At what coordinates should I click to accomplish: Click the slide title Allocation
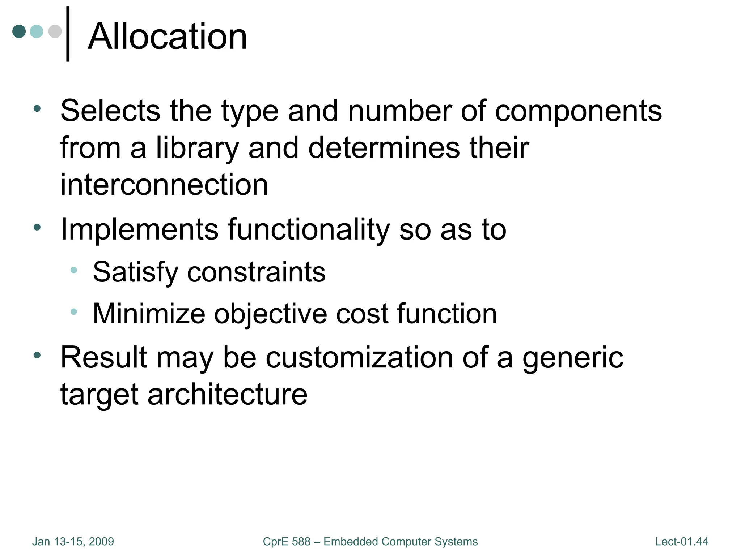point(167,36)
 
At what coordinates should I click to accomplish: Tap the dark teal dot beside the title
point(19,31)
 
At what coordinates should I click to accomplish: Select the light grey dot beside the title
point(55,31)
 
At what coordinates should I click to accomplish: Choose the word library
point(198,149)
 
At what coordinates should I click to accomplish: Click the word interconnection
point(164,185)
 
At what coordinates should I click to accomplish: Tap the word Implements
point(139,230)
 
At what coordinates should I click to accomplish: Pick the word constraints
point(256,272)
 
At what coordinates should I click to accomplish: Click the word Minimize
point(149,313)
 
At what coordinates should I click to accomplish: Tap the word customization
point(359,357)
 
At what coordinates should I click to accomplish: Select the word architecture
point(228,394)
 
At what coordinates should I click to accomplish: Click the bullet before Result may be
point(37,355)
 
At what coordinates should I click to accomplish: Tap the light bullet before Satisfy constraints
point(74,270)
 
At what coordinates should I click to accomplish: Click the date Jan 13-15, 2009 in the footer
point(73,542)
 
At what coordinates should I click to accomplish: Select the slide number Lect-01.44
point(682,542)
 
